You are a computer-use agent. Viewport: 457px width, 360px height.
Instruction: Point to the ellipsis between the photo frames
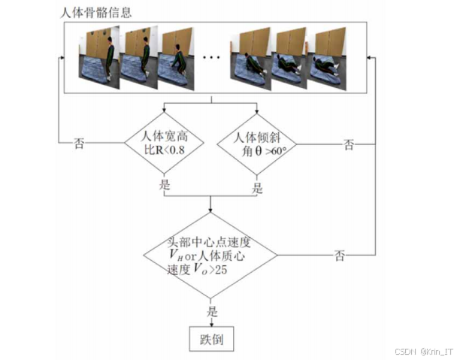pos(212,58)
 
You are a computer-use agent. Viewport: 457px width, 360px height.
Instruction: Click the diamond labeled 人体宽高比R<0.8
pos(164,141)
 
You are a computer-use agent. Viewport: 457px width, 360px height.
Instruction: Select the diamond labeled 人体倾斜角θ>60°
pos(256,141)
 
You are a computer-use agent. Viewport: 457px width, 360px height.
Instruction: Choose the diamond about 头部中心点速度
pos(210,256)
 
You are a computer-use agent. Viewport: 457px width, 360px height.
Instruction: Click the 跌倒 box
pos(210,339)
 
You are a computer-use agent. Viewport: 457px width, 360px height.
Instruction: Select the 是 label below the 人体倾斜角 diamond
pos(257,188)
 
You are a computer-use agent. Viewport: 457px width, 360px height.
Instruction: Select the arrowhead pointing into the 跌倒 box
pos(210,322)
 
